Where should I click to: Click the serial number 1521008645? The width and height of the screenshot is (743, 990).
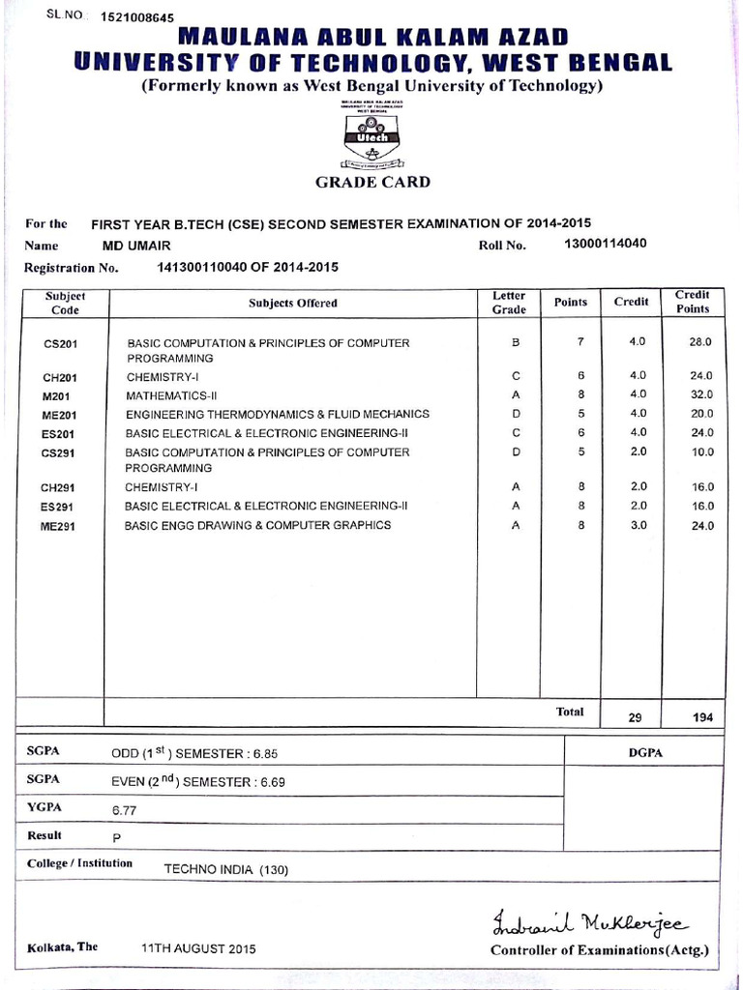(137, 17)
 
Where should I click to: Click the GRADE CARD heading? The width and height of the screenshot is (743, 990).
(372, 182)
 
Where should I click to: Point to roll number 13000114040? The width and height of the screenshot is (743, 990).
(605, 244)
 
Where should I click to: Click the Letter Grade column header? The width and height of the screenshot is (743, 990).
(509, 303)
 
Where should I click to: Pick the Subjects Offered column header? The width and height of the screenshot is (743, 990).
(293, 303)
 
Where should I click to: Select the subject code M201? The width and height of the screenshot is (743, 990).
(59, 395)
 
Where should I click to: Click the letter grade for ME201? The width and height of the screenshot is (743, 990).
(516, 414)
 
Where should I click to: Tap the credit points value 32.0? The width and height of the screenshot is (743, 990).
(701, 394)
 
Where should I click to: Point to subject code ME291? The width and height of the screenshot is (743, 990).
(60, 526)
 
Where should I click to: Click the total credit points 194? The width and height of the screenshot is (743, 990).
(702, 717)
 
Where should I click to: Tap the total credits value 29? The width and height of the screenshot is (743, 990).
(636, 717)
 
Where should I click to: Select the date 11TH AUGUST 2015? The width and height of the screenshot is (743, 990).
(198, 949)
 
